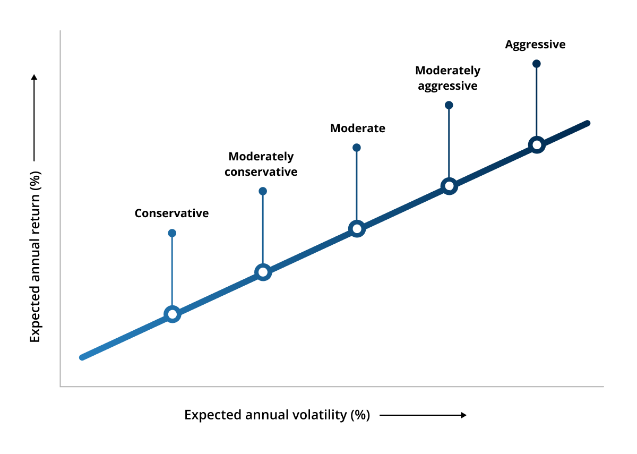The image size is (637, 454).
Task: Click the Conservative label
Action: [171, 213]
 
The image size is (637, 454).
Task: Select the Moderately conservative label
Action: [261, 164]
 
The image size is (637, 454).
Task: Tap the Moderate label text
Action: [357, 129]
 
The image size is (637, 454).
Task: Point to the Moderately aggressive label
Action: [447, 78]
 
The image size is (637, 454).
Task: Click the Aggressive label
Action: [535, 45]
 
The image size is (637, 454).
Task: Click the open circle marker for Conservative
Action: [172, 314]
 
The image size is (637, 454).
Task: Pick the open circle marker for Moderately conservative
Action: [262, 272]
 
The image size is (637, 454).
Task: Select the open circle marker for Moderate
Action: [357, 229]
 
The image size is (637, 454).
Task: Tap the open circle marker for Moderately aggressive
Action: [449, 186]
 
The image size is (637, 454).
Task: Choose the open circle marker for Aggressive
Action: [537, 144]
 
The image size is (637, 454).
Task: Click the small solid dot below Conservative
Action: [172, 233]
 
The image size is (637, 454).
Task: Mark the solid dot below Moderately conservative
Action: [262, 191]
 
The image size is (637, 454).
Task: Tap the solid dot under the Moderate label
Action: [357, 148]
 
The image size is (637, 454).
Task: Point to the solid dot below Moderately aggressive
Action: [449, 105]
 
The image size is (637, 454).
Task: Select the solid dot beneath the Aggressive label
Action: [536, 64]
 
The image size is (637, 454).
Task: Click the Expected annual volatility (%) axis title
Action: [277, 415]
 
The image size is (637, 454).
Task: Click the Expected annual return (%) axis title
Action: [35, 256]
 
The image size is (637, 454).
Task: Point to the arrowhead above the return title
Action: [35, 78]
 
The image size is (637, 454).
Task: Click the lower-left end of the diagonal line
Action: [82, 357]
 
